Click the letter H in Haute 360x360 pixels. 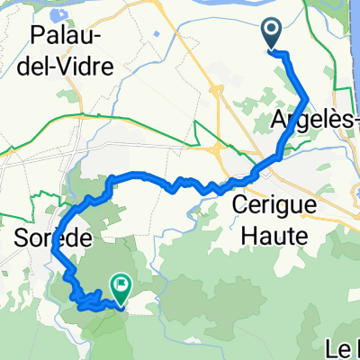tap(239, 235)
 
